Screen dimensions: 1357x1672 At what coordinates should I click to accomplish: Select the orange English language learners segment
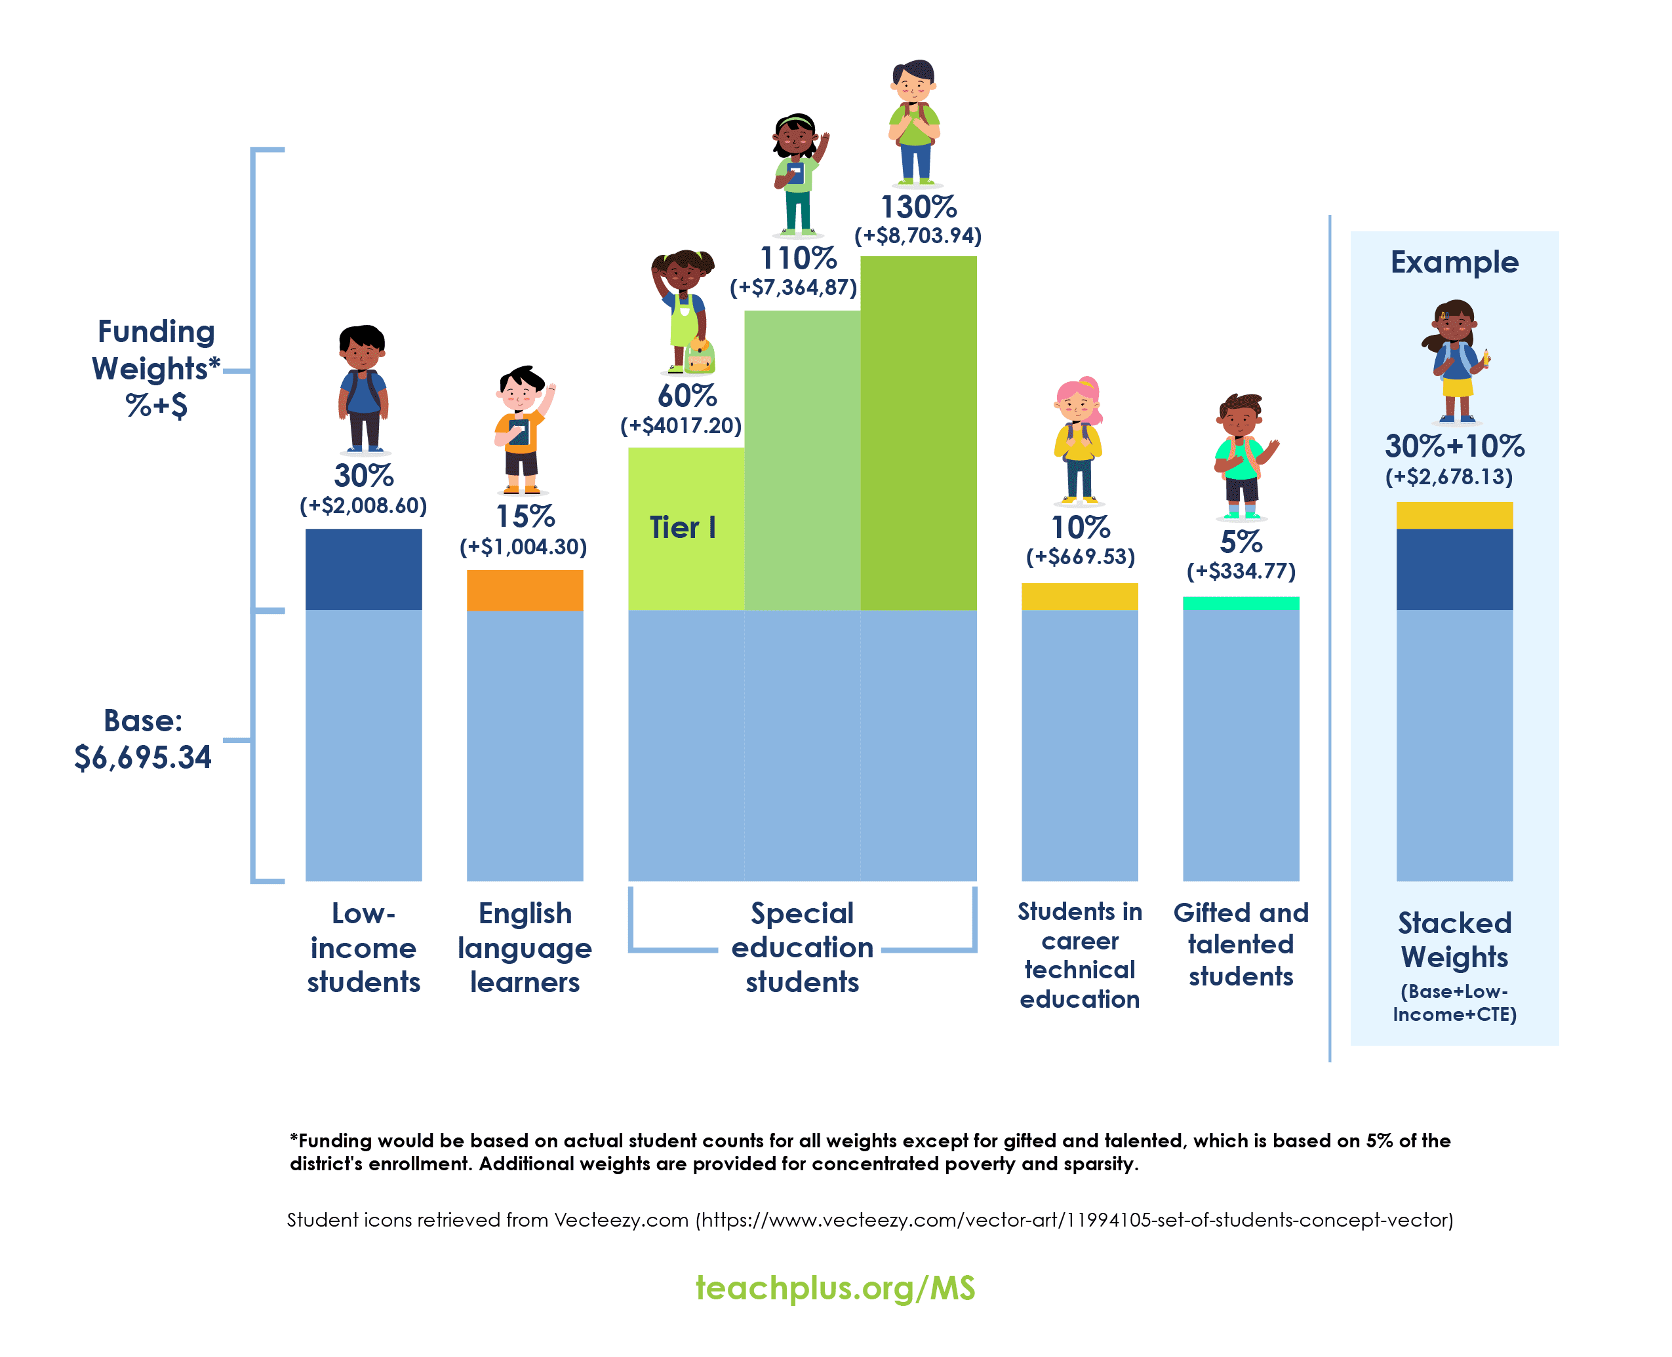525,590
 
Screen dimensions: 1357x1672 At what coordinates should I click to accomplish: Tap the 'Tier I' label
683,527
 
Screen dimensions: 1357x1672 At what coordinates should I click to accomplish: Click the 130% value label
918,207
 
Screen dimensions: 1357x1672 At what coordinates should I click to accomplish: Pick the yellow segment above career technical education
1079,596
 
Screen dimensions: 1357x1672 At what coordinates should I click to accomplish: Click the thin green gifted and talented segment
1241,603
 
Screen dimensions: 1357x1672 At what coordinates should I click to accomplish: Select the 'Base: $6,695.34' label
143,738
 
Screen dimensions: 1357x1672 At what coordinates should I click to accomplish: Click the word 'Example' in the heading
1454,263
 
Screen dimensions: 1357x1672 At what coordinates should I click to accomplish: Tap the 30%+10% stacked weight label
1454,446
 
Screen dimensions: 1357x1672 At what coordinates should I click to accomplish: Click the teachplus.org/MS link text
835,1288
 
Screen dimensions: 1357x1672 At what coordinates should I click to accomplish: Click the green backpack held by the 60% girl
698,357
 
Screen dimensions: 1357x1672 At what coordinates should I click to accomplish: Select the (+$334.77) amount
1241,571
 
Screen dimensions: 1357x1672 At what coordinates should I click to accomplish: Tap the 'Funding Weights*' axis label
155,350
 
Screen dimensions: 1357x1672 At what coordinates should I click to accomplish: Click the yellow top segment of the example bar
1454,516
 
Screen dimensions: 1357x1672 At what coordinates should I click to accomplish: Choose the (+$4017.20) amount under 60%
681,426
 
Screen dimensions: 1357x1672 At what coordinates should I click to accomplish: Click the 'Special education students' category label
802,947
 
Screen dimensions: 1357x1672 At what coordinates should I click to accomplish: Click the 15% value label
525,517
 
